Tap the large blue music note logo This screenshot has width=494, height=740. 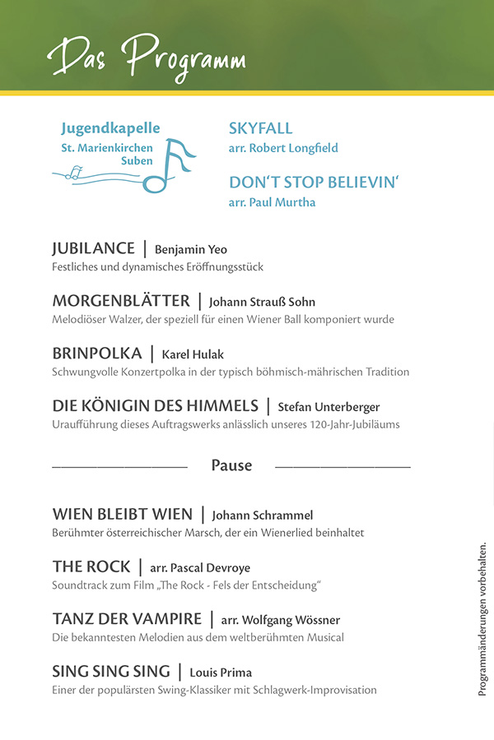pos(175,164)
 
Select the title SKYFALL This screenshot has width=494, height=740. pos(260,128)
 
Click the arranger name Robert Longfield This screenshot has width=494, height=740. pos(283,149)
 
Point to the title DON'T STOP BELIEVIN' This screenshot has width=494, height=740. pos(314,182)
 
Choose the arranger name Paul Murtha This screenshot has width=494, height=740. pos(272,202)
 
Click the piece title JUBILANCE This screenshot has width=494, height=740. pos(93,248)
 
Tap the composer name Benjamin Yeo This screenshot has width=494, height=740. pos(191,250)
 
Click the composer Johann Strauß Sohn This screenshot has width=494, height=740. pos(262,303)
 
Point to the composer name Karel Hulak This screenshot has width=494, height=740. pos(193,355)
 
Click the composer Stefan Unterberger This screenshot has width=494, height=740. pos(329,407)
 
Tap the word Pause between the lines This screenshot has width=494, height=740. pos(231,465)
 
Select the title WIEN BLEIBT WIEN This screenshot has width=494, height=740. pos(122,514)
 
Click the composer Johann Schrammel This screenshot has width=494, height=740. pos(263,516)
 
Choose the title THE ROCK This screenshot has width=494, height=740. pos(91,567)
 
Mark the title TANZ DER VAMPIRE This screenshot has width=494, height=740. pos(127,618)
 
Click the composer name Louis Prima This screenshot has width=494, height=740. pos(221,673)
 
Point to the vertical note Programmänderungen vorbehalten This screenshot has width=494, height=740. pos(482,619)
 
